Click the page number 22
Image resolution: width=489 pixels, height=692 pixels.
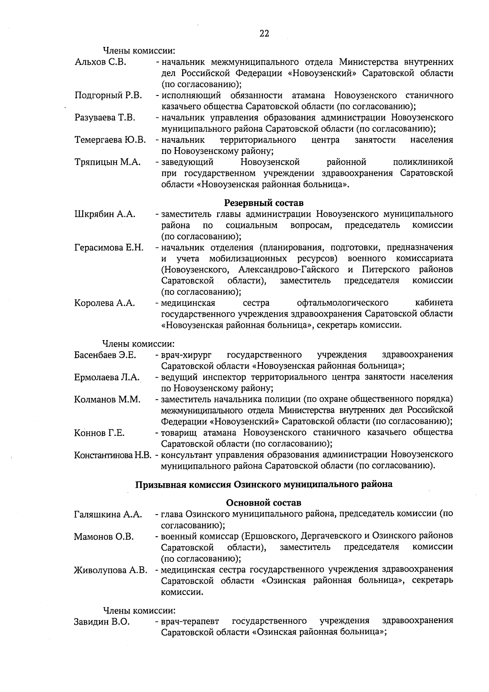(264, 34)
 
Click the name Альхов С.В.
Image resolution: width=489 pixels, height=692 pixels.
(101, 62)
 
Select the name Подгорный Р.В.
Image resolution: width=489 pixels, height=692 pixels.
(108, 95)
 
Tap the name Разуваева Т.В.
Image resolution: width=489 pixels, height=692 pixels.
(105, 118)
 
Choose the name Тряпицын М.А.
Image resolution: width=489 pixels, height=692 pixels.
(108, 162)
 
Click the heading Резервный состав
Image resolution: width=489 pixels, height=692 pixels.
(264, 203)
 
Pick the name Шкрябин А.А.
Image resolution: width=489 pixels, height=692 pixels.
(105, 214)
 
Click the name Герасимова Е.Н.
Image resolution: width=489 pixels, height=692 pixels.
(109, 248)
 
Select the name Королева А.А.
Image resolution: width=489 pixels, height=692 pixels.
(104, 303)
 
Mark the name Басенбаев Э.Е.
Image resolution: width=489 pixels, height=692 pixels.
(105, 355)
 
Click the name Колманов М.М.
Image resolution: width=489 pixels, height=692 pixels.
(107, 399)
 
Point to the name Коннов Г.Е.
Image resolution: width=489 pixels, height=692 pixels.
(99, 433)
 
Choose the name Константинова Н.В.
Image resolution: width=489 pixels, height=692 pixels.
(113, 455)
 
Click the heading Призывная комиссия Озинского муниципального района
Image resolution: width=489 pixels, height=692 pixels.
(264, 484)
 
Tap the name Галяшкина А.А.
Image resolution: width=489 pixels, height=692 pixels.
(108, 515)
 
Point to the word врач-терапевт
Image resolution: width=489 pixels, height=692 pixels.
(190, 622)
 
